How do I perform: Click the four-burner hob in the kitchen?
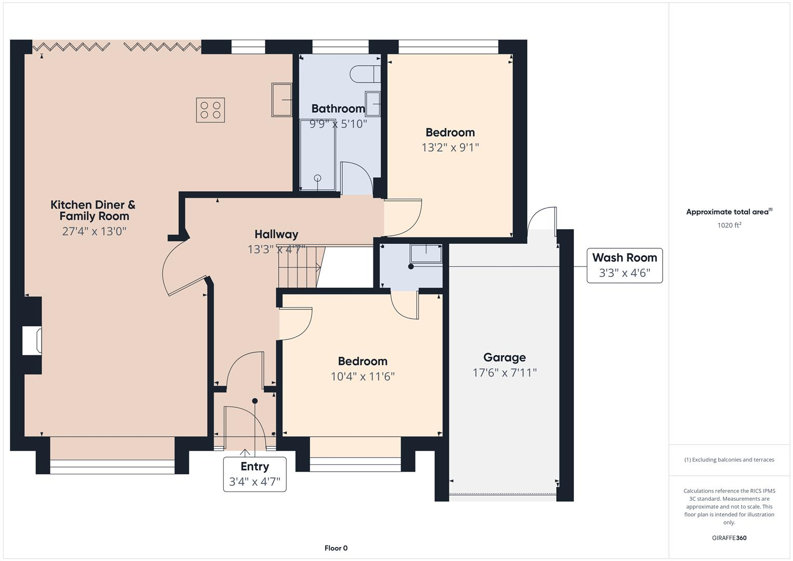[210, 110]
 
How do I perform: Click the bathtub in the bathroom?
[317, 155]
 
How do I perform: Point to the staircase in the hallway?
[299, 266]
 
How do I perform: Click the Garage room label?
[504, 357]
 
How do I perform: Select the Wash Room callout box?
[624, 265]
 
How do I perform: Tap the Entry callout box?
[254, 474]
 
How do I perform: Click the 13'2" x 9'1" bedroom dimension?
[450, 148]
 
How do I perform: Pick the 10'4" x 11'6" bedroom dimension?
[362, 377]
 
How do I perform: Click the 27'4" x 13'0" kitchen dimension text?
[94, 231]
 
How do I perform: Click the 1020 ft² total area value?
[729, 225]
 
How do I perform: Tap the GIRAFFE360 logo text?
[729, 538]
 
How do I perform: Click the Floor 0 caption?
[335, 548]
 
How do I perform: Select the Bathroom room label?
[338, 109]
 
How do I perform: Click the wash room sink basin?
[426, 253]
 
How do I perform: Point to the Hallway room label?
[276, 234]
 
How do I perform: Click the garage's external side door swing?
[543, 218]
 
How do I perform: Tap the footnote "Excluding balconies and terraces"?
[729, 460]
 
